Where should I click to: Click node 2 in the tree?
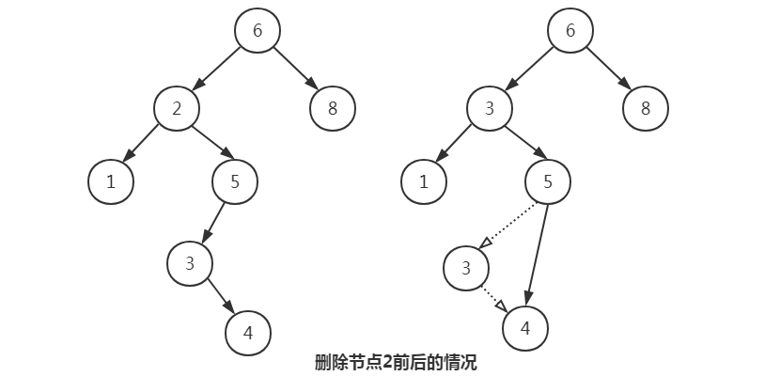pyautogui.click(x=177, y=110)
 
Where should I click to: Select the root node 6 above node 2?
pyautogui.click(x=257, y=31)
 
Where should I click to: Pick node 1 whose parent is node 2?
pyautogui.click(x=111, y=182)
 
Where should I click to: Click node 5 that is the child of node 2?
pyautogui.click(x=235, y=182)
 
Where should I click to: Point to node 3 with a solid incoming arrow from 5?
pyautogui.click(x=190, y=263)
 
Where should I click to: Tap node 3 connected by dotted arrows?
pyautogui.click(x=466, y=269)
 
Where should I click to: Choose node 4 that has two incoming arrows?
pyautogui.click(x=525, y=328)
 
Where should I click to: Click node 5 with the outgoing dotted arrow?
pyautogui.click(x=548, y=182)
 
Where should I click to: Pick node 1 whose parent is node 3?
pyautogui.click(x=424, y=182)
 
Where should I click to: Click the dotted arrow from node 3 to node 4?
pyautogui.click(x=495, y=298)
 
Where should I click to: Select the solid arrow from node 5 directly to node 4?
pyautogui.click(x=537, y=254)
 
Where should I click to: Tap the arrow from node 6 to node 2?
pyautogui.click(x=217, y=70)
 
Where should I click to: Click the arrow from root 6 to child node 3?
pyautogui.click(x=530, y=70)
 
